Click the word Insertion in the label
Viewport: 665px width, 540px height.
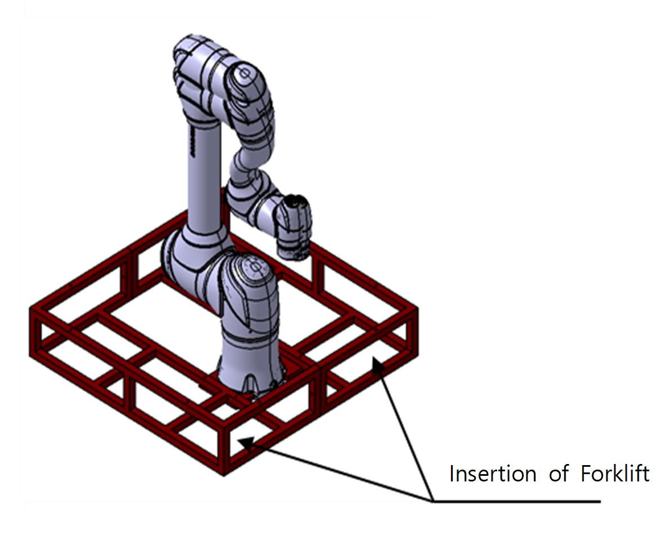pyautogui.click(x=493, y=474)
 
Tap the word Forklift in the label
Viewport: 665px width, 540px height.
pyautogui.click(x=615, y=474)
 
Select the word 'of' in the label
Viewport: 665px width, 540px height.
pyautogui.click(x=559, y=474)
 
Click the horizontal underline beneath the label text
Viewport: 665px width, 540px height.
pyautogui.click(x=516, y=501)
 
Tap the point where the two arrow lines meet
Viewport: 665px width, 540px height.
pyautogui.click(x=432, y=501)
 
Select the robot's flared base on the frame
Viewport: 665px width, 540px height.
pyautogui.click(x=250, y=373)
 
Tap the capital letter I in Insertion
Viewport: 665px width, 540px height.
pyautogui.click(x=451, y=474)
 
